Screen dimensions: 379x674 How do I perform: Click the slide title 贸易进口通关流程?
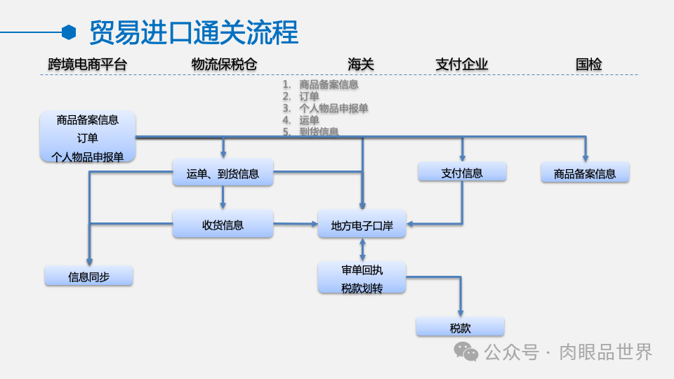[x=194, y=32]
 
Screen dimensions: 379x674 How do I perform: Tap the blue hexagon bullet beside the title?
[x=69, y=32]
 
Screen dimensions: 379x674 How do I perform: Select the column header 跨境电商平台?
[x=88, y=65]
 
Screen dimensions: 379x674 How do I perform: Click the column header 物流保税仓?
[x=224, y=65]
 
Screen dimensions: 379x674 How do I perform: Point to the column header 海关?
[x=361, y=65]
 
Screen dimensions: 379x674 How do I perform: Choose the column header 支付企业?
[x=461, y=65]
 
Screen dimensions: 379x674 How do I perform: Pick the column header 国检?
[x=588, y=65]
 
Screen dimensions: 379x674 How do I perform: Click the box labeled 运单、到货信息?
[x=223, y=173]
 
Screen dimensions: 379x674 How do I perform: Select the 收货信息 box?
[x=223, y=225]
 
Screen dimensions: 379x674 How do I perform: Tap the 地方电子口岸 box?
[x=362, y=226]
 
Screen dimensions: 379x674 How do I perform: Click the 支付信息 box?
[x=461, y=173]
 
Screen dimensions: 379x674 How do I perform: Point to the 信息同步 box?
[x=88, y=277]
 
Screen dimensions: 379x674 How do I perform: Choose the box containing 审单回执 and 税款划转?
[x=362, y=279]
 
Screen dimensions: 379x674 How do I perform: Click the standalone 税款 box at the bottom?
[x=460, y=328]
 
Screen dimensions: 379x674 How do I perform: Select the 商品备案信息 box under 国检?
[x=584, y=173]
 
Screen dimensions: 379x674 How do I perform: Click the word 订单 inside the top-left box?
[x=88, y=138]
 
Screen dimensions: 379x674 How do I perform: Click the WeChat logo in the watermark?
[x=465, y=352]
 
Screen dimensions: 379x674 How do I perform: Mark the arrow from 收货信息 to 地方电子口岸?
[x=295, y=224]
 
